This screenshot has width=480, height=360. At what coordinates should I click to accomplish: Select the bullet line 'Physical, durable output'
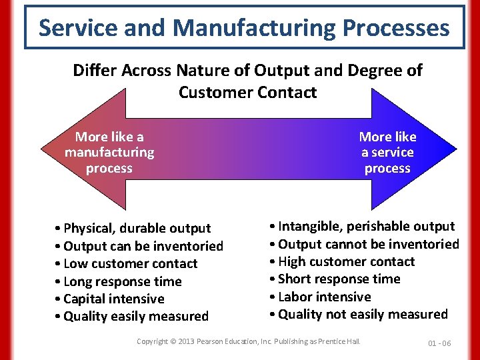[133, 229]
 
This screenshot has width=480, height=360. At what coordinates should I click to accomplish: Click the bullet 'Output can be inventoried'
[139, 246]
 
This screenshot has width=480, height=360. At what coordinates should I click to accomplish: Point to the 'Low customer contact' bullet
[126, 264]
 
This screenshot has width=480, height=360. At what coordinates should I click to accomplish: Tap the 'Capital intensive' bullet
[109, 299]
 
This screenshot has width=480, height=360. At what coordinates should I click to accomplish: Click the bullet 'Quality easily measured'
[131, 316]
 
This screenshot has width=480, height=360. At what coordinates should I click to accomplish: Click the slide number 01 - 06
[439, 343]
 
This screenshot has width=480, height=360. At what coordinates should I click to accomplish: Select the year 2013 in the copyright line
[186, 341]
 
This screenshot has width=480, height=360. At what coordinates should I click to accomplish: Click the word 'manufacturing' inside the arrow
[109, 153]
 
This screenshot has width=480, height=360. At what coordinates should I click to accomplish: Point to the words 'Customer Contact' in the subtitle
[247, 92]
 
